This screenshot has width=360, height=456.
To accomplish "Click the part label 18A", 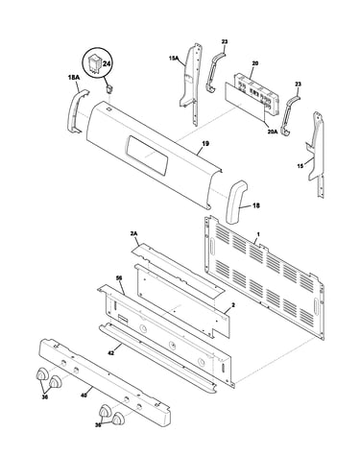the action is [x=73, y=77].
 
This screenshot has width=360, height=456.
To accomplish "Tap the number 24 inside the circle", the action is [x=107, y=63].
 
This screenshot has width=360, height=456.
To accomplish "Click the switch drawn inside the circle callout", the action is [x=95, y=63].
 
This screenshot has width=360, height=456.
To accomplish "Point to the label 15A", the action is [x=173, y=59].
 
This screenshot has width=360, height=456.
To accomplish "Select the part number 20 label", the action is [x=254, y=63].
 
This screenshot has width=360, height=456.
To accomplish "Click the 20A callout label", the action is [x=273, y=131].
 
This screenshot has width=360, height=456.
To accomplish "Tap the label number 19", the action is [x=205, y=144].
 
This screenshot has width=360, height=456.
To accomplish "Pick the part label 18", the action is [x=256, y=205].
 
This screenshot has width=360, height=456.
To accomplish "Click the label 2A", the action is [x=133, y=234].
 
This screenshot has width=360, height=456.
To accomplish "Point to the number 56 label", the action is [x=119, y=278].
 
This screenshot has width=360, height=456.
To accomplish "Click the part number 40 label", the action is [x=84, y=396].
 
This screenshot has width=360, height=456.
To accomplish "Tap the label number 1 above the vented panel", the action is [x=258, y=234].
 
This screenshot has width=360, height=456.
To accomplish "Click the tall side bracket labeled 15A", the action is [x=192, y=84].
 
